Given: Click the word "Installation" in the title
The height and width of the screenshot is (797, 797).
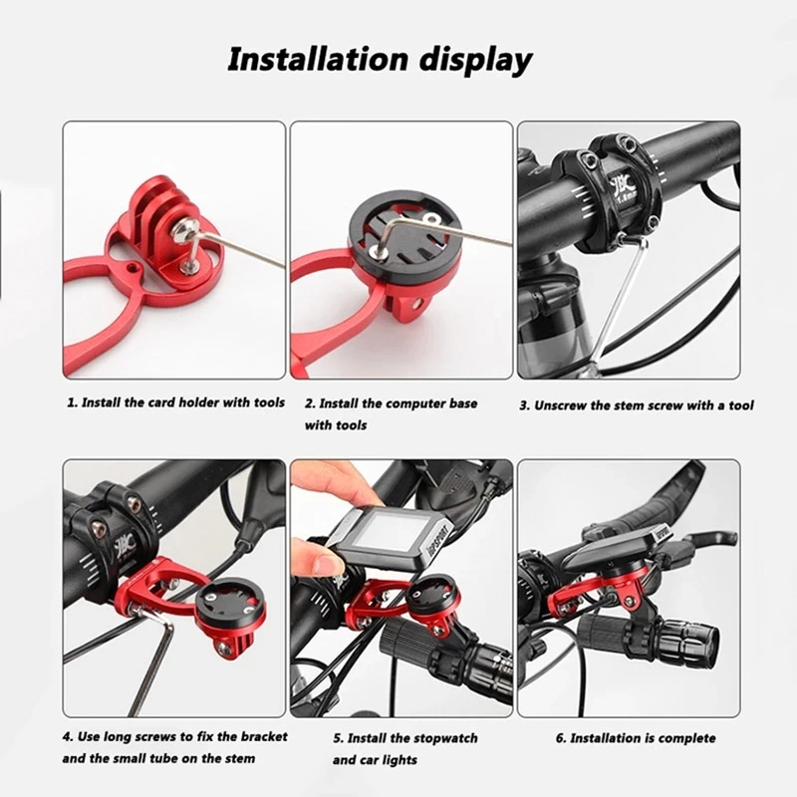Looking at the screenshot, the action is tap(318, 59).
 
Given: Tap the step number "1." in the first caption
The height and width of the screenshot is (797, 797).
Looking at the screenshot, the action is tap(73, 402).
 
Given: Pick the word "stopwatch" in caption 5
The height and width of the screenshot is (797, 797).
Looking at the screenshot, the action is tap(445, 738).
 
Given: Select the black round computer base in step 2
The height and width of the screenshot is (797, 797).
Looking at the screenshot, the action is tap(404, 234).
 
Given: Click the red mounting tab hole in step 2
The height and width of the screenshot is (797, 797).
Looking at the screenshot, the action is tap(418, 305).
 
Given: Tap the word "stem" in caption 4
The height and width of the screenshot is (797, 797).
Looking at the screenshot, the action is tap(237, 758).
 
